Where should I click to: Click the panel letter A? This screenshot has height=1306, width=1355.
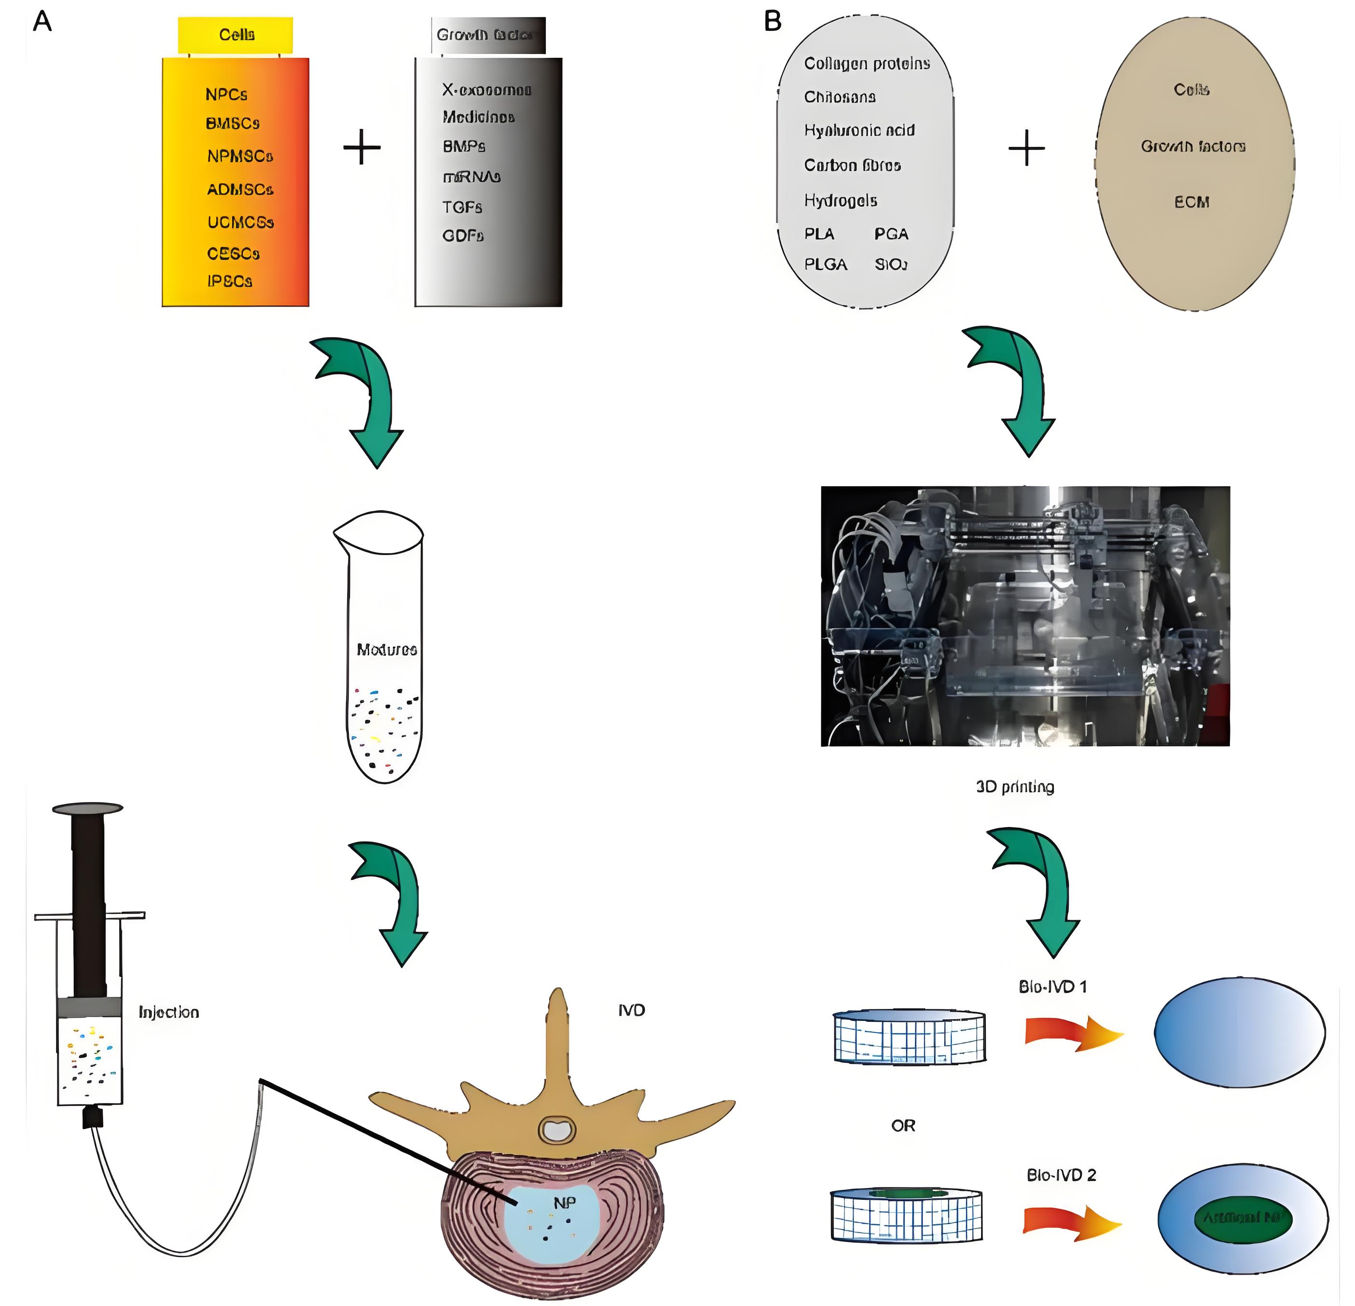pyautogui.click(x=42, y=22)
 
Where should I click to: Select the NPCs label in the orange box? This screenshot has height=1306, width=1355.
pyautogui.click(x=226, y=95)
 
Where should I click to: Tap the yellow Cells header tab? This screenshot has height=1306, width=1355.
pyautogui.click(x=236, y=35)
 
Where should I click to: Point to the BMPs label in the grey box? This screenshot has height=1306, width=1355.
pyautogui.click(x=464, y=147)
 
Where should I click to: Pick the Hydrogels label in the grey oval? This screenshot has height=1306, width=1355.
pyautogui.click(x=840, y=201)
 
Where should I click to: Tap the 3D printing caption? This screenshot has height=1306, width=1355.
pyautogui.click(x=1015, y=787)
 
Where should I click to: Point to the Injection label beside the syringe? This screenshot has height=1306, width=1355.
pyautogui.click(x=169, y=1012)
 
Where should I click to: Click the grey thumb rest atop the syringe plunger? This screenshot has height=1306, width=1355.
pyautogui.click(x=88, y=808)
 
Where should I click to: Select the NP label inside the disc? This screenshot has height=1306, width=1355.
pyautogui.click(x=564, y=1203)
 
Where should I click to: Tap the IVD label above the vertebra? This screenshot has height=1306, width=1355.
pyautogui.click(x=631, y=1010)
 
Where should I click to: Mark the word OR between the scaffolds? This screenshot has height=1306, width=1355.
pyautogui.click(x=903, y=1126)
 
